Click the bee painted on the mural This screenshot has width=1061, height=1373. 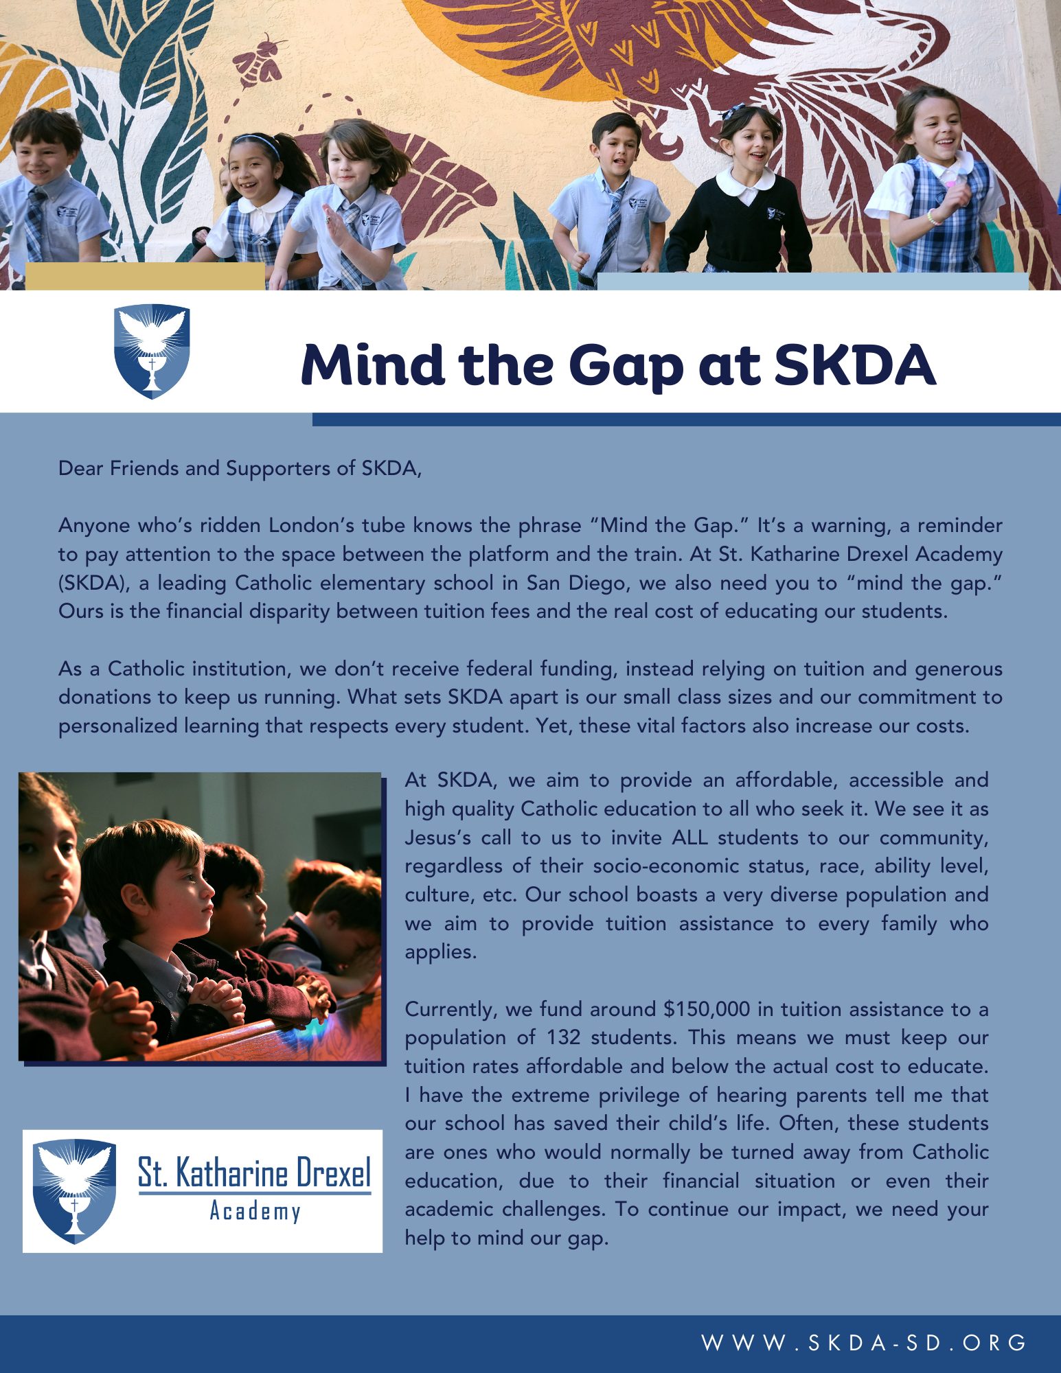click(260, 59)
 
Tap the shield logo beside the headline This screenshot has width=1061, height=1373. click(152, 351)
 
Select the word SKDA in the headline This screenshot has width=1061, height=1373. click(855, 364)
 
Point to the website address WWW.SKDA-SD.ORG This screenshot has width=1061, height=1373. click(863, 1343)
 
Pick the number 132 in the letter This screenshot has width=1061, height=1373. click(563, 1037)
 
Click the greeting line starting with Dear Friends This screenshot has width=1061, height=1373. click(240, 468)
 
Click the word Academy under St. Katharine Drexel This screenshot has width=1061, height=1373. click(255, 1211)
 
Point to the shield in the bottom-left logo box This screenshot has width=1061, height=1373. click(74, 1190)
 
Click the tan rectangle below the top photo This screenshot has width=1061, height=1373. click(145, 276)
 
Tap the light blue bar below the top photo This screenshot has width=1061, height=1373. click(812, 281)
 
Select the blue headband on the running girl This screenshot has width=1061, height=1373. click(258, 142)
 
